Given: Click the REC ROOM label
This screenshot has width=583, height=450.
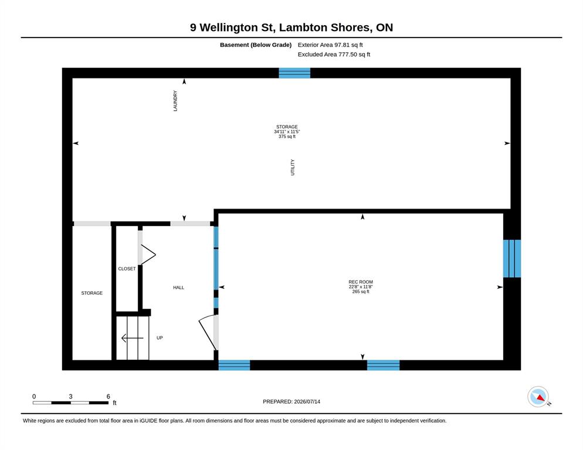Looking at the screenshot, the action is (x=361, y=282).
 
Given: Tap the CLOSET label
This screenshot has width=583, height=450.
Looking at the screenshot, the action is (x=127, y=269).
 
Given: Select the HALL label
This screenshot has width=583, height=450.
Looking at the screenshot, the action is (x=178, y=288).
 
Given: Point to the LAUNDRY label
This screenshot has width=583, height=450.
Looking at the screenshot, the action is (x=175, y=101).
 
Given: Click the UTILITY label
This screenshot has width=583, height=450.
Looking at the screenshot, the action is (x=293, y=167).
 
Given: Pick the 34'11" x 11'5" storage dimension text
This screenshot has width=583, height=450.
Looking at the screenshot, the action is (x=287, y=132).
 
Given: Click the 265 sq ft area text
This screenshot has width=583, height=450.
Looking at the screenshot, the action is (x=361, y=292).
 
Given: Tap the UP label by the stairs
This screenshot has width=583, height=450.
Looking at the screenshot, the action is (x=160, y=337).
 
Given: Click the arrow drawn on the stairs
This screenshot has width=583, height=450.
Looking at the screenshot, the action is (x=133, y=338).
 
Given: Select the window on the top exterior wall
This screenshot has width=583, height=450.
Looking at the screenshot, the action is (x=294, y=73).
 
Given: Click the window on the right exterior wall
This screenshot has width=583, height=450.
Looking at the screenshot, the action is (x=512, y=258).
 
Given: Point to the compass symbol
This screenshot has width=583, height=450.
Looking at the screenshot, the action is (x=538, y=397).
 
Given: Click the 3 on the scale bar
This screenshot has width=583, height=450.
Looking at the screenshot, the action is (x=70, y=397).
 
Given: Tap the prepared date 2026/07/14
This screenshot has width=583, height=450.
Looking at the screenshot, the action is (x=307, y=402).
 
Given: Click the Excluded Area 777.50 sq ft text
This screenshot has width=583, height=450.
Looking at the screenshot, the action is (x=334, y=54).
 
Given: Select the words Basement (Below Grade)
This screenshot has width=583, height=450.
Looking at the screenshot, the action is (x=256, y=45).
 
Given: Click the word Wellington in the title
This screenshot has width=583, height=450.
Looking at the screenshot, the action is (x=229, y=28).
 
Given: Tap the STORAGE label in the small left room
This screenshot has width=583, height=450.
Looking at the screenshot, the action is (x=92, y=293).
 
